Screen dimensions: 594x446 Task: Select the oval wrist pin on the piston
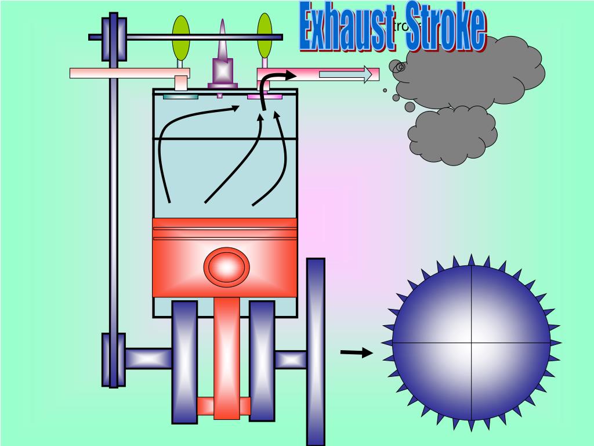point(226,267)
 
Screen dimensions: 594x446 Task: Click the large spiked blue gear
point(471,343)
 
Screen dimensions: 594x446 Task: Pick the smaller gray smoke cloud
point(452,135)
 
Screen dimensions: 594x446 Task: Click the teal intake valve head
point(180,96)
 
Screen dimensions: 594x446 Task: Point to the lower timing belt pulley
point(114,360)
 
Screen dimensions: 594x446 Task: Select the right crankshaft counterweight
point(262,360)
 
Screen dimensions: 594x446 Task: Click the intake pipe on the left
point(122,73)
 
